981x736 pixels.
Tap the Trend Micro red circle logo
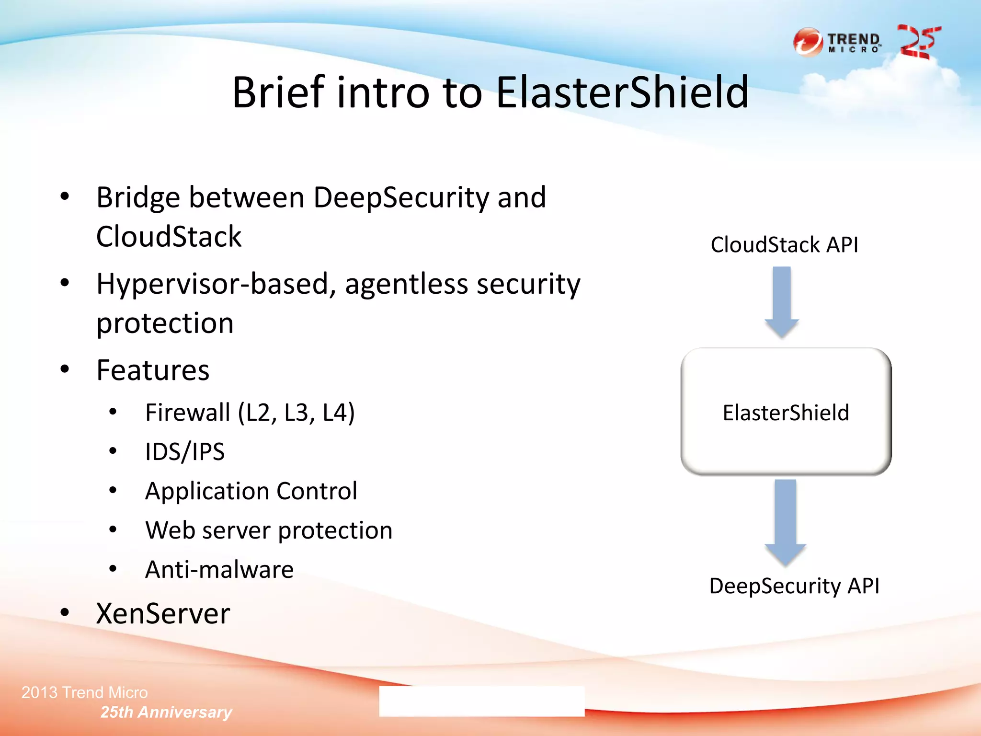(808, 42)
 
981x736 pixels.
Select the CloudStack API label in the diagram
(784, 245)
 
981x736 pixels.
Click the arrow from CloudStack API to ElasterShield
(782, 302)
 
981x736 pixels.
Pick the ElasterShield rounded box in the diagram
(786, 412)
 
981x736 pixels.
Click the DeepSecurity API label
(794, 586)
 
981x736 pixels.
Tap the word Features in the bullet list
(153, 370)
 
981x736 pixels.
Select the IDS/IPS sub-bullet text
(185, 452)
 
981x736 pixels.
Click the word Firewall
(187, 413)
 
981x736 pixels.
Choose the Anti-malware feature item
(219, 570)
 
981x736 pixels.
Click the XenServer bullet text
(163, 614)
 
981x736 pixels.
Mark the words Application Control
(251, 491)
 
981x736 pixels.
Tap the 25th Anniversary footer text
(166, 712)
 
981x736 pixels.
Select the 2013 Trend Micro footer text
(85, 692)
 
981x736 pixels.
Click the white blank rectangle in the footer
(481, 701)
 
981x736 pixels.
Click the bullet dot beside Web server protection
(113, 530)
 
